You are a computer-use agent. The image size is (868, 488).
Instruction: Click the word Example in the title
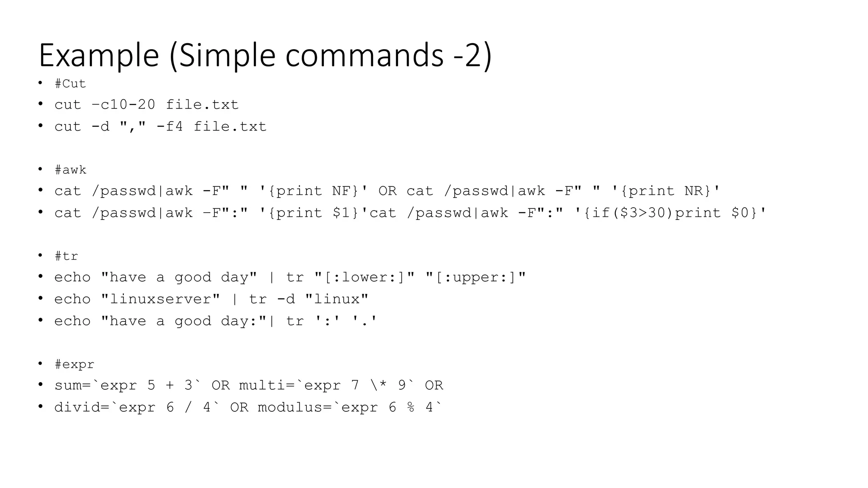(99, 55)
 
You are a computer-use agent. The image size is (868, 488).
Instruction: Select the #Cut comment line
(70, 84)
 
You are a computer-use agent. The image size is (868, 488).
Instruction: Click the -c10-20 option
(123, 105)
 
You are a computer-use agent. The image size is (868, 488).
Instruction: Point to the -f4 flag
(170, 127)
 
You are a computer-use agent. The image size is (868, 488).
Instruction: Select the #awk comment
(70, 170)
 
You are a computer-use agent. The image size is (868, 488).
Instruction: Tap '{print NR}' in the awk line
(666, 191)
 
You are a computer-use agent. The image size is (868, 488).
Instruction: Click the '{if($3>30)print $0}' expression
(670, 213)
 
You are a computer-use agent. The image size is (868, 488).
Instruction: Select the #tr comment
(66, 256)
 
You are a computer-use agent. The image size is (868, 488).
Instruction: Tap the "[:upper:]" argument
(476, 277)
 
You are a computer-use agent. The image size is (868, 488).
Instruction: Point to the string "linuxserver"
(161, 299)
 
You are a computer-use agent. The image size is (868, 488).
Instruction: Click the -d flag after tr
(286, 299)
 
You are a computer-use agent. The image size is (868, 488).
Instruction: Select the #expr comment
(75, 364)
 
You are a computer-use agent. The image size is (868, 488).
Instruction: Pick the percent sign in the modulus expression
(411, 408)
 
